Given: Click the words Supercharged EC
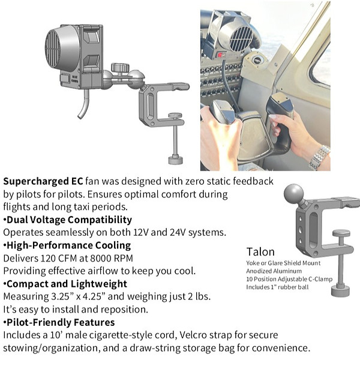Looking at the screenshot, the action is point(43,182).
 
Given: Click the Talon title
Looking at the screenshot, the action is point(260,252).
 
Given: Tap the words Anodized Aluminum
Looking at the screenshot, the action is point(274,271).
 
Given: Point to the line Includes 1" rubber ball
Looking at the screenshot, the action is point(277,287).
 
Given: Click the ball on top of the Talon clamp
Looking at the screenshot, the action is point(293,193).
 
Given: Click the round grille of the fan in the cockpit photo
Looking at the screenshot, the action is point(241,39).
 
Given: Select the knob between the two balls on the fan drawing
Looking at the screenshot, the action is point(120,68).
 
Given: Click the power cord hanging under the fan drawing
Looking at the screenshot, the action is point(84,104).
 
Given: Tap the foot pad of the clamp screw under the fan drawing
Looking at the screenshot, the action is point(176,160).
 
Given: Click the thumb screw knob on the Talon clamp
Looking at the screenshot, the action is point(341,233).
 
